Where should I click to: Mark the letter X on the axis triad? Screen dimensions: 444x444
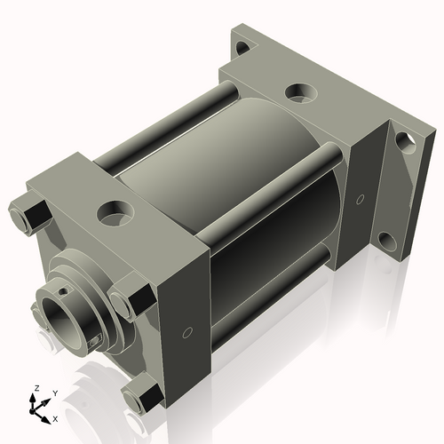coord(55,417)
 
